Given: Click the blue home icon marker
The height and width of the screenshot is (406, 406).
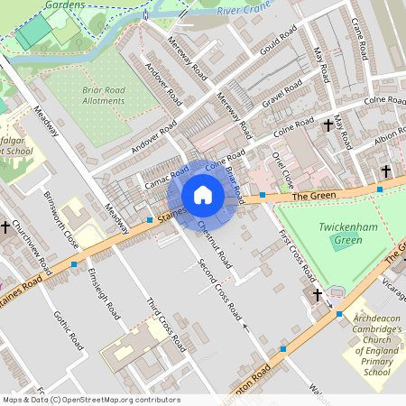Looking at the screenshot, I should coord(203,195).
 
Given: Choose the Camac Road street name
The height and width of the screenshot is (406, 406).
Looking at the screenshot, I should coord(166,176).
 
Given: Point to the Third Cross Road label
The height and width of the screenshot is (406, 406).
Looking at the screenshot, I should coord(165,323).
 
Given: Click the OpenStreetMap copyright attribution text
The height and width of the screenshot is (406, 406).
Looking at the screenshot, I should coord(90,400).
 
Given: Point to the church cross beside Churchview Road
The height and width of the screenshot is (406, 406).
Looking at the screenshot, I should coord(6,227).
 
